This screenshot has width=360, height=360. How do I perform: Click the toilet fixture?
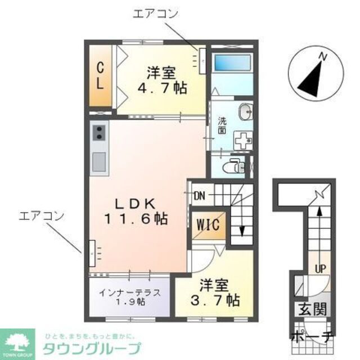point(234,166)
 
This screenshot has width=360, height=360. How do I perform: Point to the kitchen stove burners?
point(99,134)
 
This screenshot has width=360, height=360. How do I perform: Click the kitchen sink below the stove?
point(99,161)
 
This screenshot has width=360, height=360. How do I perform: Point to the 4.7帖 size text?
point(163,89)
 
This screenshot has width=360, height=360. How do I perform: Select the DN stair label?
point(199,196)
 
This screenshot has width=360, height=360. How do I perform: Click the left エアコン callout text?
point(41,215)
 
